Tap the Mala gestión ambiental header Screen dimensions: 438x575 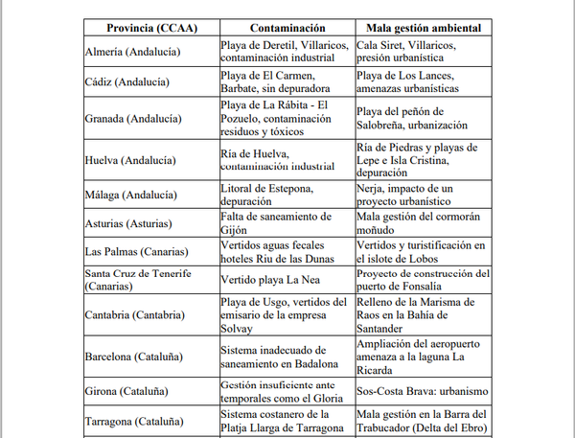(x=424, y=29)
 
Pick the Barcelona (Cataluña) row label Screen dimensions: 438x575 (x=136, y=357)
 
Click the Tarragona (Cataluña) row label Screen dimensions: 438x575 (x=136, y=421)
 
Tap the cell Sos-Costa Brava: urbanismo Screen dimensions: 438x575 (x=422, y=391)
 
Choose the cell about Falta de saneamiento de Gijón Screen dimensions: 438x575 (x=280, y=222)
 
